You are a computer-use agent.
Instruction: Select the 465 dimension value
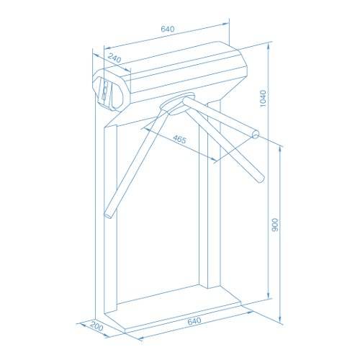(x=179, y=140)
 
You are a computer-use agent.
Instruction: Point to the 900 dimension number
(x=276, y=224)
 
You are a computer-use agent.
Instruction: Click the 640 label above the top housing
(x=167, y=29)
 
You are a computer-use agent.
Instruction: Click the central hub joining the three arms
(x=176, y=107)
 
